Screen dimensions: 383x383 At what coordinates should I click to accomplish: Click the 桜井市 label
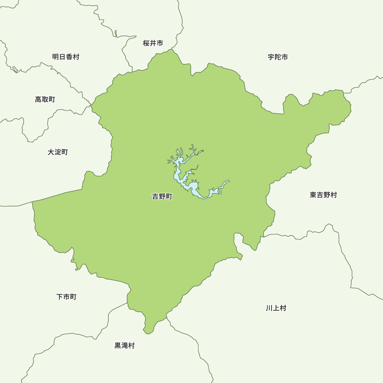(x=153, y=43)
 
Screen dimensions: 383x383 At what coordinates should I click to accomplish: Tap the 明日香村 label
(x=66, y=57)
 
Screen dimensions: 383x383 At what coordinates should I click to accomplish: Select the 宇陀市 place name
(x=278, y=57)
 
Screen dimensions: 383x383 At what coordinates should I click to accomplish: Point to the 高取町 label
(x=45, y=100)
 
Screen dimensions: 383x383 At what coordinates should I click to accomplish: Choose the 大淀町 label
(x=58, y=152)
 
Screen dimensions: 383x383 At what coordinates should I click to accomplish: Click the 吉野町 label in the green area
(x=162, y=197)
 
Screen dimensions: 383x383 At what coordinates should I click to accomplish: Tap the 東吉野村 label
(x=324, y=195)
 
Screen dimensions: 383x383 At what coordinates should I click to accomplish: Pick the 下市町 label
(x=67, y=297)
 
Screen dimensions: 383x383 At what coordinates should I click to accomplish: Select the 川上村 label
(x=276, y=308)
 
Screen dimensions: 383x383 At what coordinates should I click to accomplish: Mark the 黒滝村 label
(x=125, y=345)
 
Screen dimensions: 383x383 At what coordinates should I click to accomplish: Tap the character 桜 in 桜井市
(x=146, y=43)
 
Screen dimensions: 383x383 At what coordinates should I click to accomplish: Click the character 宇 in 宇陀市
(x=271, y=57)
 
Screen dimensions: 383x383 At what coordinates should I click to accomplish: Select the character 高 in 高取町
(x=38, y=100)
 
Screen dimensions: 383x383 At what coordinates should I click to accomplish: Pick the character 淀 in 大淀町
(x=58, y=152)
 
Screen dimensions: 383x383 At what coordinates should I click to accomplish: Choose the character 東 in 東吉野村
(x=313, y=195)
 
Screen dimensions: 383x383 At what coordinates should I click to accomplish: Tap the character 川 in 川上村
(x=269, y=308)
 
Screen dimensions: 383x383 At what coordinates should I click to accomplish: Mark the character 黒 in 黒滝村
(x=118, y=345)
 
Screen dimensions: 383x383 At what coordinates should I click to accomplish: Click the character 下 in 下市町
(x=60, y=297)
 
